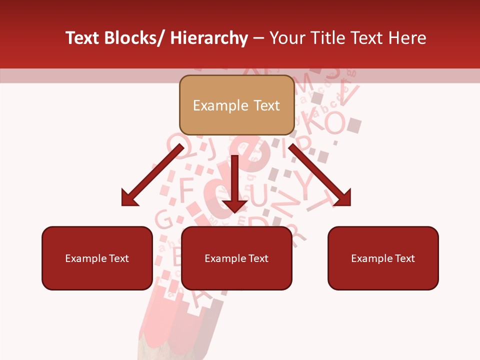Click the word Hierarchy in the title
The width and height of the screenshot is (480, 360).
click(209, 38)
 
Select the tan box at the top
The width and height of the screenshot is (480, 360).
click(236, 105)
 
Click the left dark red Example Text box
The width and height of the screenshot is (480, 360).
click(97, 258)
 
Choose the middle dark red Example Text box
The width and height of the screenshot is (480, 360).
click(236, 258)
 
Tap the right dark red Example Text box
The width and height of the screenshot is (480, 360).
click(383, 258)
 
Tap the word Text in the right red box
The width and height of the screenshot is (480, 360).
click(404, 258)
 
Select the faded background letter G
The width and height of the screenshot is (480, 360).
click(163, 219)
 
